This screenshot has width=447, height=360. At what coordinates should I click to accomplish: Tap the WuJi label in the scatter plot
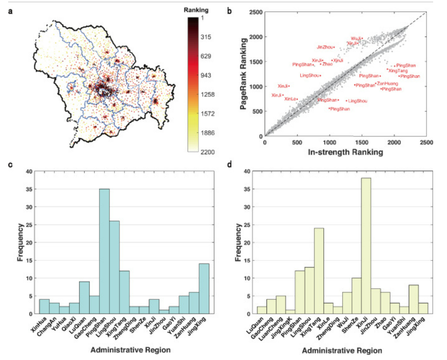click(x=356, y=39)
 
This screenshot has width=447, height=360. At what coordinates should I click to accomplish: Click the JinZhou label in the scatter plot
click(x=324, y=47)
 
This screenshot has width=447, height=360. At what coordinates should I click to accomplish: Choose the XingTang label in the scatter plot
click(x=398, y=71)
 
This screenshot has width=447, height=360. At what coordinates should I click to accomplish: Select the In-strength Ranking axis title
click(x=346, y=153)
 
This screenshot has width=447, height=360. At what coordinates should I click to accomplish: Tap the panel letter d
click(x=230, y=165)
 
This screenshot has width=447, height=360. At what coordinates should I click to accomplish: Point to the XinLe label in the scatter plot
click(x=290, y=99)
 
